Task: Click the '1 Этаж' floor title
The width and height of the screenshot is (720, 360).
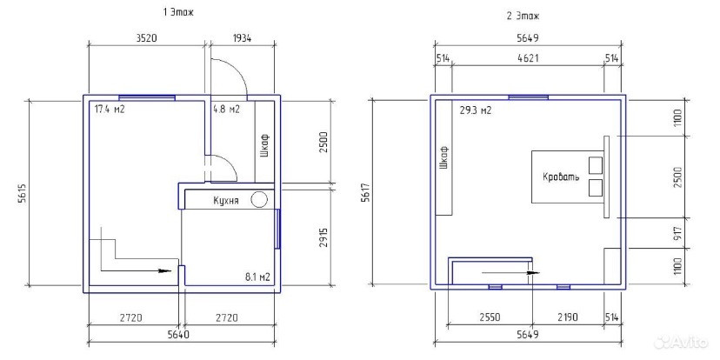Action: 178,13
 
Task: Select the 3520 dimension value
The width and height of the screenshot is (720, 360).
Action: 146,38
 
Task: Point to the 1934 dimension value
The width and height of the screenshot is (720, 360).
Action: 241,38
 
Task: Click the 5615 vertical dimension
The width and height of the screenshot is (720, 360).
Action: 22,195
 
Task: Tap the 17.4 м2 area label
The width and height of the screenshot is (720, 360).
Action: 110,110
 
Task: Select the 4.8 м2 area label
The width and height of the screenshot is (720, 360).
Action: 226,110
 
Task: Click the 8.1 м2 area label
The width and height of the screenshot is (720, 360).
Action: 257,277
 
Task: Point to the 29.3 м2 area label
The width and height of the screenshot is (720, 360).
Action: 476,110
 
